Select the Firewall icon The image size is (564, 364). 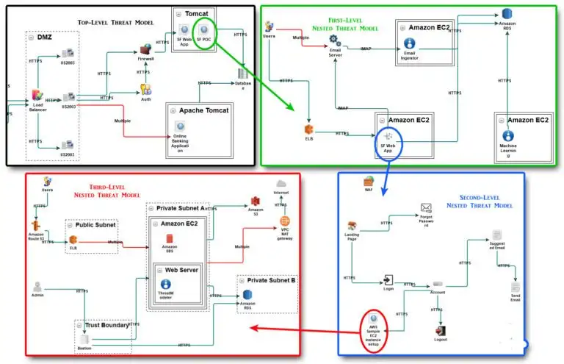[x=145, y=50]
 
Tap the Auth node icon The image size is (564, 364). [x=145, y=89]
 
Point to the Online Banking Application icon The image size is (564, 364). [x=179, y=126]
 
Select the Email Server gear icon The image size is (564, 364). [x=336, y=38]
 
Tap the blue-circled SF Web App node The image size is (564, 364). [x=388, y=137]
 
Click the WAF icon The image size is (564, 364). [x=369, y=181]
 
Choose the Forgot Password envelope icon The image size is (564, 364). [x=426, y=209]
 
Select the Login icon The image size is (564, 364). [x=388, y=279]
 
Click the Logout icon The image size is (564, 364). [x=440, y=330]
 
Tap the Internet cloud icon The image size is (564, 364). [x=281, y=185]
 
